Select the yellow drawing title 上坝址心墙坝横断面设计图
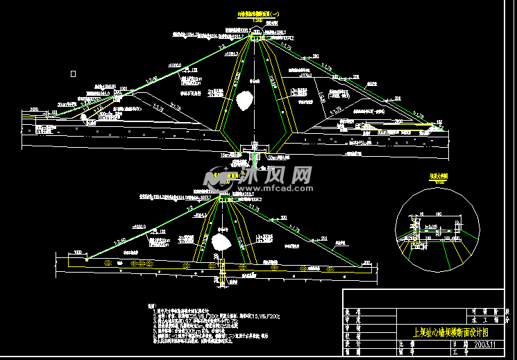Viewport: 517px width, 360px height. click(x=449, y=332)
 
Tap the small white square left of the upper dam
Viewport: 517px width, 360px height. click(x=73, y=73)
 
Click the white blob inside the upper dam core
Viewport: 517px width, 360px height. click(x=244, y=101)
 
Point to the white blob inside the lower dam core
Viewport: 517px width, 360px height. click(x=222, y=241)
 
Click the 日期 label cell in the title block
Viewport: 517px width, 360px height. click(x=455, y=344)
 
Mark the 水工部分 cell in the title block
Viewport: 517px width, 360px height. click(x=478, y=321)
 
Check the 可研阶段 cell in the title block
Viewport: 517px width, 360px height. click(x=478, y=312)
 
